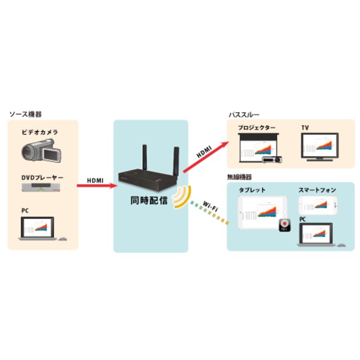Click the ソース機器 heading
click(x=26, y=114)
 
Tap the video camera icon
click(x=42, y=151)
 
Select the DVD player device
click(x=42, y=188)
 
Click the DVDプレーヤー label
click(x=41, y=178)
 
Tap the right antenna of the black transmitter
click(x=176, y=158)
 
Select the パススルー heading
click(x=244, y=115)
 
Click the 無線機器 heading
click(x=239, y=178)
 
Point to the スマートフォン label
click(x=317, y=190)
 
